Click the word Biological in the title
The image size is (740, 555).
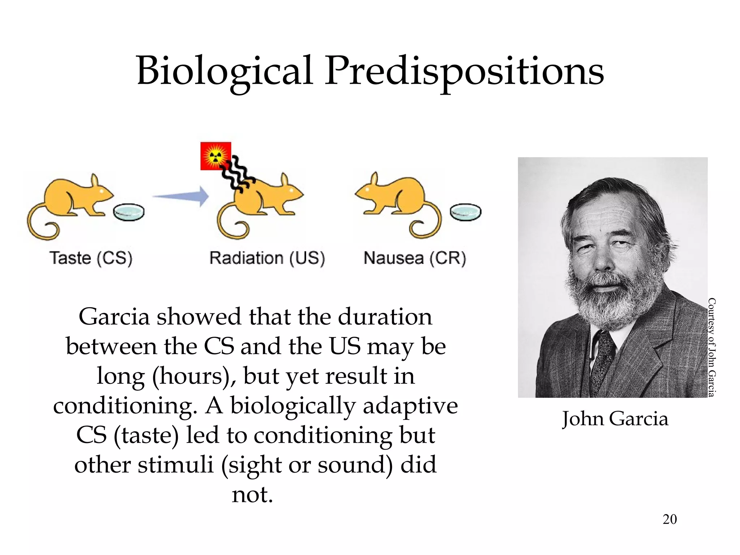[x=224, y=71]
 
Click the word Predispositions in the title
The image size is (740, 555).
[x=464, y=71]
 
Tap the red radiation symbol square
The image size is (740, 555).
[x=215, y=156]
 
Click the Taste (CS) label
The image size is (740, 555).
[x=91, y=258]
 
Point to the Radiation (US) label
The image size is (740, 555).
[x=267, y=258]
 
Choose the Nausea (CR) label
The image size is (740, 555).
[x=415, y=258]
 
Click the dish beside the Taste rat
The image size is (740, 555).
[x=129, y=212]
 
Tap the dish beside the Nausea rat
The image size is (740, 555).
[x=465, y=212]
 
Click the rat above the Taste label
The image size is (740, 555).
[x=72, y=202]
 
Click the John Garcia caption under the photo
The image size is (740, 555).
[x=615, y=419]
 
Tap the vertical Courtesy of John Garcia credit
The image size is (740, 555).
[x=711, y=347]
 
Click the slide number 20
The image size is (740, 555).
[x=670, y=519]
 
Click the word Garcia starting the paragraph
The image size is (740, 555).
[x=114, y=317]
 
